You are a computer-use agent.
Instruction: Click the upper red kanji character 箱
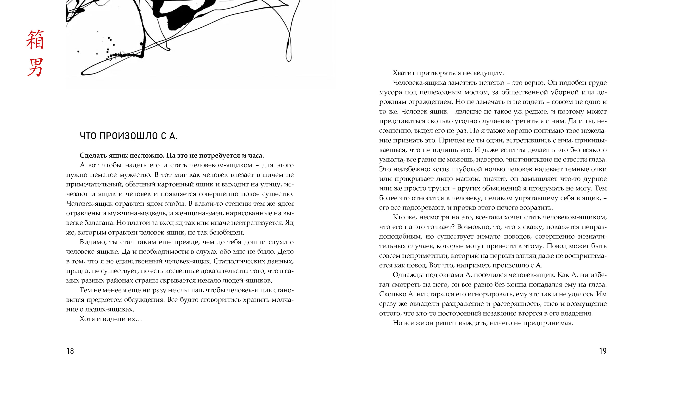(x=35, y=40)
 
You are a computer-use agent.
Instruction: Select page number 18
(x=70, y=351)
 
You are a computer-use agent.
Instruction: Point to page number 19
(x=603, y=351)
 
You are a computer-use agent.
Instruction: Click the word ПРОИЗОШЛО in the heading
(x=129, y=136)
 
